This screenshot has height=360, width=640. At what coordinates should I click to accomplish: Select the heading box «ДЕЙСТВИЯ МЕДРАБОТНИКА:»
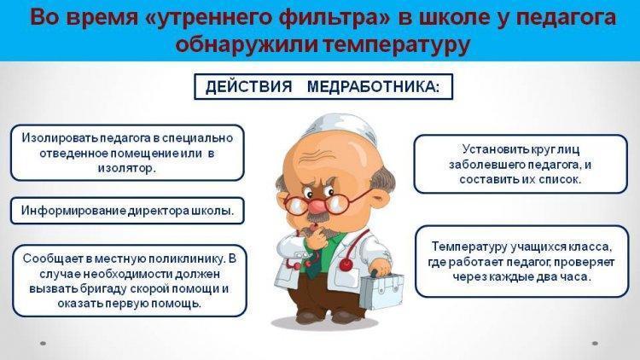(323, 86)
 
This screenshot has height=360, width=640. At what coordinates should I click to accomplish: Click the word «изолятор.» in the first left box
(127, 168)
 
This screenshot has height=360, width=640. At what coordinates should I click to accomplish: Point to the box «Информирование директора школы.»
(127, 211)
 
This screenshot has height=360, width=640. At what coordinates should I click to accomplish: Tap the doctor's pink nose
(315, 205)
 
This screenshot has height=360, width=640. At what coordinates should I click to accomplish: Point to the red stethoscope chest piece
(346, 265)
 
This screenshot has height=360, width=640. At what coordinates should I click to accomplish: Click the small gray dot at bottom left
(43, 343)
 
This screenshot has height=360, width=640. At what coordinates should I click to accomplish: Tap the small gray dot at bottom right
(595, 343)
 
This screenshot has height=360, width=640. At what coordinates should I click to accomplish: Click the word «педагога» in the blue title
(564, 19)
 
